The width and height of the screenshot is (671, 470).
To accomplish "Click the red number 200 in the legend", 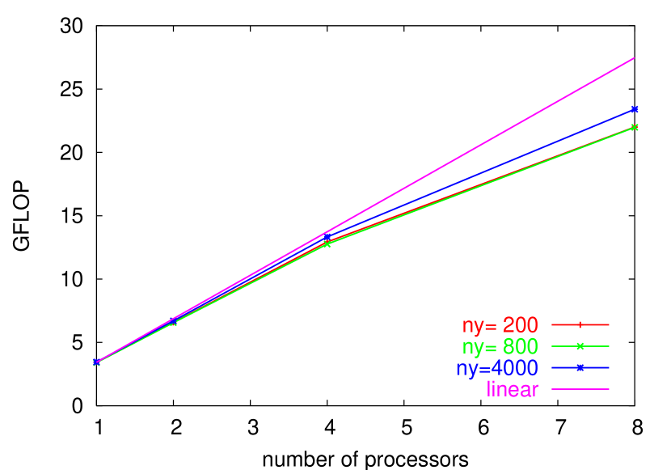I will coord(520,325).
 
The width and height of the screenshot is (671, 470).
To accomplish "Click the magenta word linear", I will coord(513,389).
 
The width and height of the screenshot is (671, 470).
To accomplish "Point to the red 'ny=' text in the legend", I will coord(479,326).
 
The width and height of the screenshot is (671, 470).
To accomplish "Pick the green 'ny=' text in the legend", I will coord(479,348).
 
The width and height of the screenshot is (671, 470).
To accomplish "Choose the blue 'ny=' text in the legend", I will coord(473,369).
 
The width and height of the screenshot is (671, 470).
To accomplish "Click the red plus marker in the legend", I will coord(580,324).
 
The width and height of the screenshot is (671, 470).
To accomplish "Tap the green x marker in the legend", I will coord(580,346).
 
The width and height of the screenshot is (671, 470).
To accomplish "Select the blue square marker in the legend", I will coord(580,368).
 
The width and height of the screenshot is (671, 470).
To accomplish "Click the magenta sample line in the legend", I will coord(580,389).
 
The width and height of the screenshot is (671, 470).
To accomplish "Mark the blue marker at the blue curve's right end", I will coord(635,108).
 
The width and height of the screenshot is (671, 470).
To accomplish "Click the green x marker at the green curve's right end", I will coord(635,127).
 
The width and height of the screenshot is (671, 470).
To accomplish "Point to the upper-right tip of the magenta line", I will coord(634,58).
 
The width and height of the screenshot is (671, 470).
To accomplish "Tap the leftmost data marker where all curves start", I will coord(96,362).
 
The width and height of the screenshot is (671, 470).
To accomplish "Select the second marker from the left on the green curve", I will coord(173,323).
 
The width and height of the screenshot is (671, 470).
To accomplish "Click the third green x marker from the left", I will coord(327,243).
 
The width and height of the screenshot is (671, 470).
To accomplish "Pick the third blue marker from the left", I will coord(327,238).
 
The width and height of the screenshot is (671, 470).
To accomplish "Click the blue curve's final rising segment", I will coord(485,171).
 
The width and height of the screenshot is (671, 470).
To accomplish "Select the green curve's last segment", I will coord(485,184).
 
